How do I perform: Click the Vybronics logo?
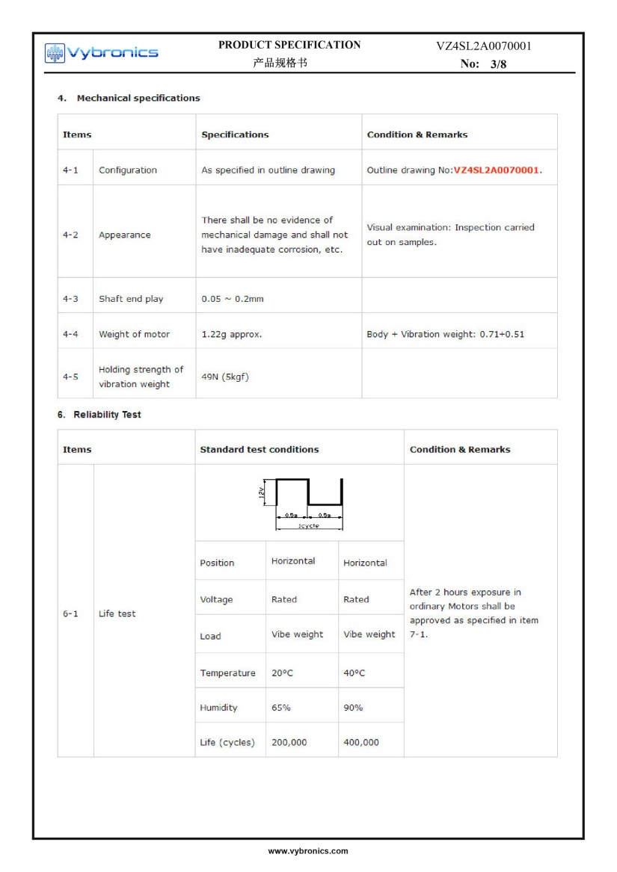(102, 52)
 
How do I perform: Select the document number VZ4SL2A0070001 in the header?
(484, 46)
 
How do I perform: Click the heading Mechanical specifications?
(138, 98)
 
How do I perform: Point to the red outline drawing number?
(497, 170)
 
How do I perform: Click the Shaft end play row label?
(131, 299)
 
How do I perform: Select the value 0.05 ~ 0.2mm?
(233, 299)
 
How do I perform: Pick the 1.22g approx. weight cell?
(232, 334)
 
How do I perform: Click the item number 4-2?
(70, 235)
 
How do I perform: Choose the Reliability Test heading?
(107, 415)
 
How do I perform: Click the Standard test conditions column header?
(260, 450)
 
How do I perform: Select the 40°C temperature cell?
(354, 673)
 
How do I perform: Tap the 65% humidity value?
(281, 708)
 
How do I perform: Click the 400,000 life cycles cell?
(361, 743)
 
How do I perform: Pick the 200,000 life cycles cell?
(289, 743)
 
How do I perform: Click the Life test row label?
(117, 613)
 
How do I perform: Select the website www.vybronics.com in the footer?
(308, 851)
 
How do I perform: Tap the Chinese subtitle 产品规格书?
(280, 64)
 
